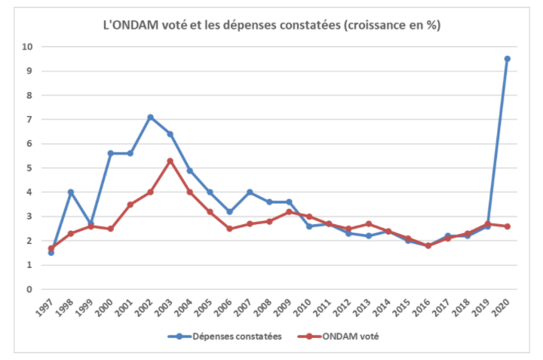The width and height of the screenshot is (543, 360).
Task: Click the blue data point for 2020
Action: (x=507, y=59)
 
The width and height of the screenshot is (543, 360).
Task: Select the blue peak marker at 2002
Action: (x=150, y=117)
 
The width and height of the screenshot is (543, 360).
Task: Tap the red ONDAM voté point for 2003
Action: (x=170, y=161)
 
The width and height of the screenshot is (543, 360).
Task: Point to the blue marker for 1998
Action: (x=71, y=192)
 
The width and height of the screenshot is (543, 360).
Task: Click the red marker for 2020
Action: (x=507, y=226)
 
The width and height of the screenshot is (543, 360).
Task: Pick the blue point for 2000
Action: (x=110, y=153)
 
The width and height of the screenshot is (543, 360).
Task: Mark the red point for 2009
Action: (x=289, y=212)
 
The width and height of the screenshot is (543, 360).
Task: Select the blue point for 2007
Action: (x=249, y=192)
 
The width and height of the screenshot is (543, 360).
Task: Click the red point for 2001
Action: (x=130, y=205)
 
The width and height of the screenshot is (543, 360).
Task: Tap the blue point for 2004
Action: (x=190, y=171)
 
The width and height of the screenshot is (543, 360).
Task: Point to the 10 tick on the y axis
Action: (x=28, y=47)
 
